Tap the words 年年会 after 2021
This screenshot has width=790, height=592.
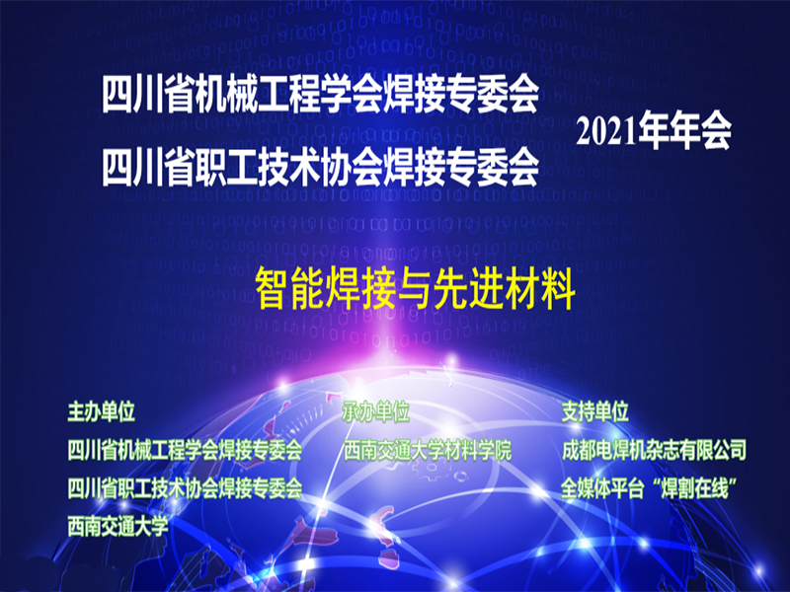[x=683, y=131]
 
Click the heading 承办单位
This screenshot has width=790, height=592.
[x=376, y=411]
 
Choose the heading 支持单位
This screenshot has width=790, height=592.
[x=594, y=411]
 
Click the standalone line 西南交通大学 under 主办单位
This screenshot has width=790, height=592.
[x=118, y=524]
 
